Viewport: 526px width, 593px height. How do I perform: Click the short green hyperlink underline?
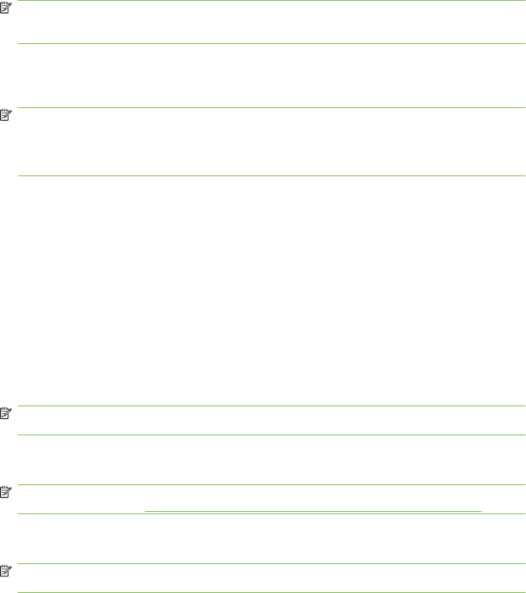point(313,511)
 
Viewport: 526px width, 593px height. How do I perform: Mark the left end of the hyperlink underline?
point(146,511)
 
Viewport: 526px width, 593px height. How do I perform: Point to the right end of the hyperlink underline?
point(481,511)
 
